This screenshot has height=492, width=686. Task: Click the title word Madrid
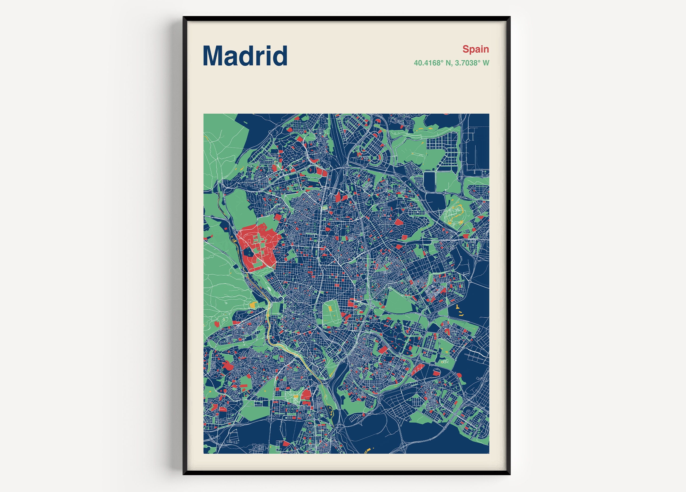245,56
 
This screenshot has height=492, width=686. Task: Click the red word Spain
475,49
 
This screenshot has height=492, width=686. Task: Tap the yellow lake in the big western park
252,305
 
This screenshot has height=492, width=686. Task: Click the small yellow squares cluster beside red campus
235,241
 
